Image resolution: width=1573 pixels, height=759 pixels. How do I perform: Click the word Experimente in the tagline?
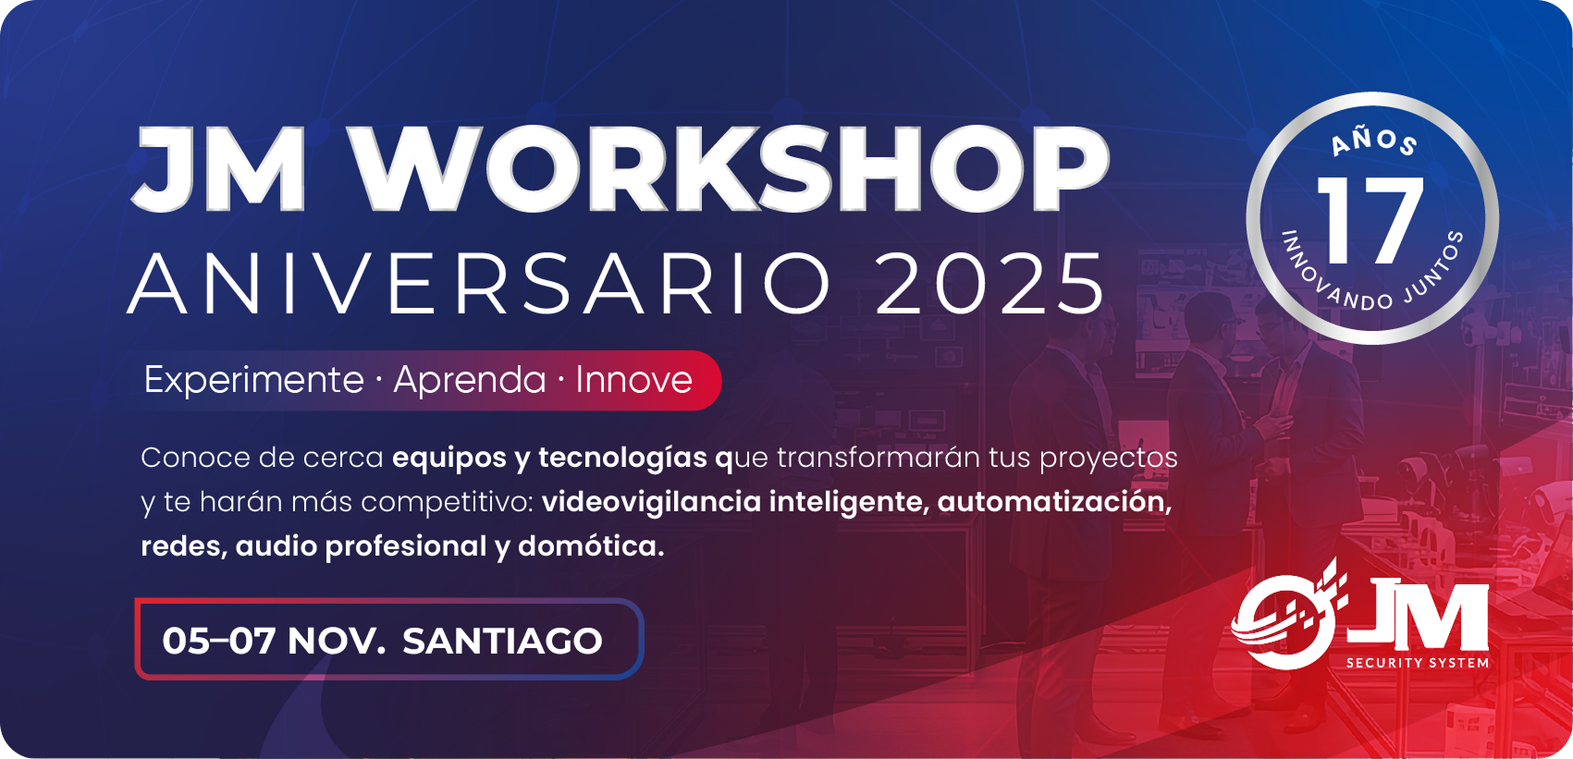click(x=253, y=381)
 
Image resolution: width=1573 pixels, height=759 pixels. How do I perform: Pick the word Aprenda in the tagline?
click(x=469, y=381)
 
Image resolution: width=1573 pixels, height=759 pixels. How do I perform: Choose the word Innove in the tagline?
click(x=633, y=380)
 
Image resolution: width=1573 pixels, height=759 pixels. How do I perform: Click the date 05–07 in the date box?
click(x=218, y=641)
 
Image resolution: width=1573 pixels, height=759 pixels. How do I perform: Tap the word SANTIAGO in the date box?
click(x=502, y=641)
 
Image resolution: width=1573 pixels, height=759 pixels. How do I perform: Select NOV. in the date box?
click(x=337, y=641)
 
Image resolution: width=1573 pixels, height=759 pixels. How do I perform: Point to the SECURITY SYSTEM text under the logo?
click(x=1417, y=663)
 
